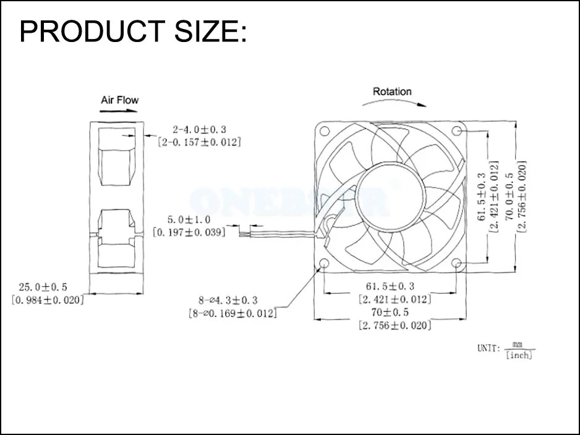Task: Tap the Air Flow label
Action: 120,99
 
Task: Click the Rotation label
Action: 391,91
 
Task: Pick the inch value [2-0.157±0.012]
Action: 199,141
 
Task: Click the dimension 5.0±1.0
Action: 189,219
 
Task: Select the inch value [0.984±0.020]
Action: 47,300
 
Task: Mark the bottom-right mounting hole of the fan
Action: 457,264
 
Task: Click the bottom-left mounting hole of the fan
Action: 324,264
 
